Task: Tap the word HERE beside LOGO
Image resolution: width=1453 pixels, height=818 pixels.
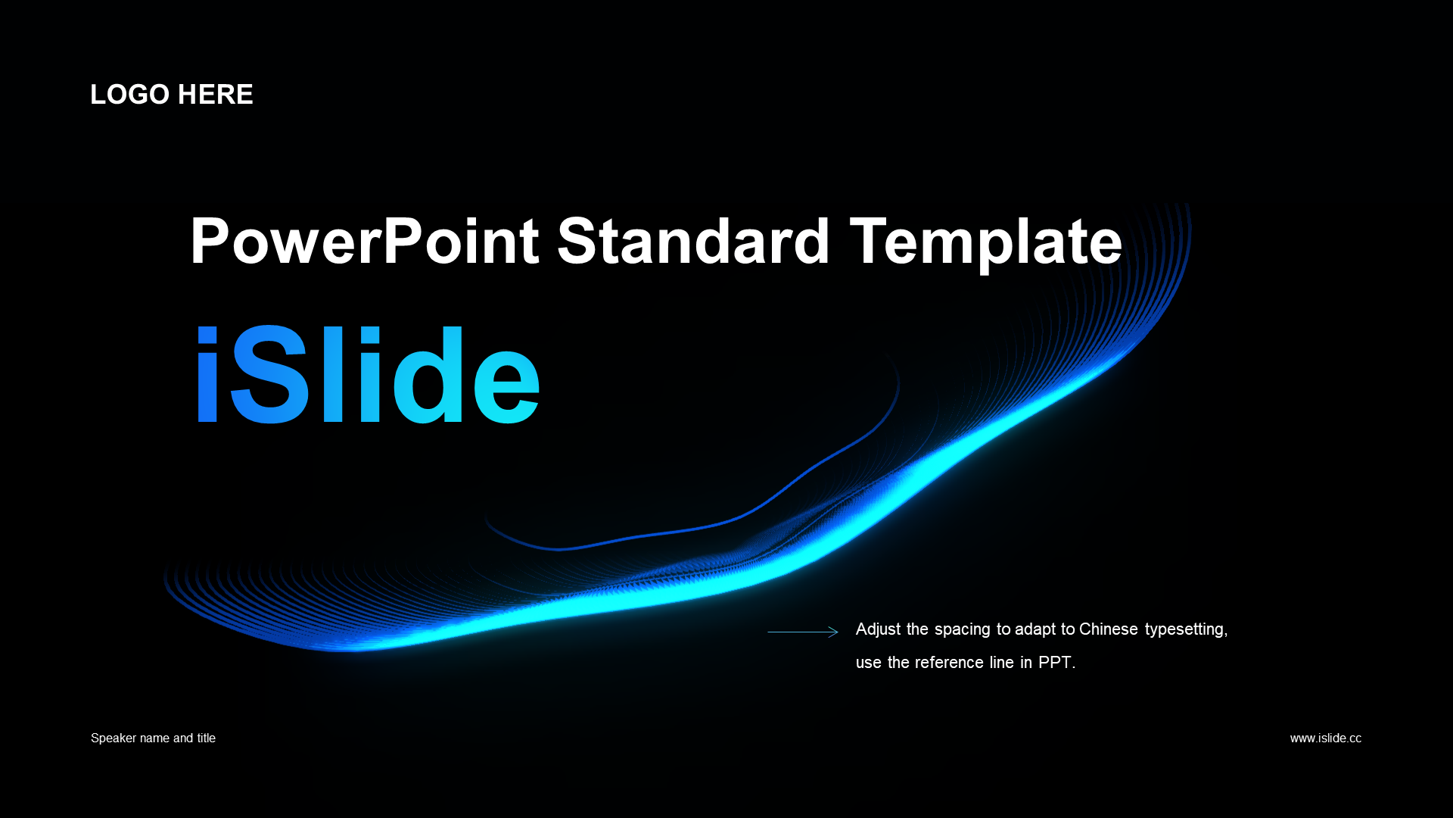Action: (x=216, y=95)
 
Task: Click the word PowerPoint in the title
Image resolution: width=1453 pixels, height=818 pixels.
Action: (x=365, y=242)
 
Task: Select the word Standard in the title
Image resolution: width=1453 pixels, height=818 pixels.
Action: (x=694, y=242)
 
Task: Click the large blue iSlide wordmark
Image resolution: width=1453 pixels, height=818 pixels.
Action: (x=368, y=374)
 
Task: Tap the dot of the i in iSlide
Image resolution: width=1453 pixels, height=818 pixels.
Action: (x=207, y=335)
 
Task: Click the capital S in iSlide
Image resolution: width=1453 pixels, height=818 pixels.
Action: (x=269, y=374)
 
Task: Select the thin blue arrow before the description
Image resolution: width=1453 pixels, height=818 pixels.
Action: (x=803, y=632)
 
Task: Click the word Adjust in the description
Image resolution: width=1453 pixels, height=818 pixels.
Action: (x=878, y=629)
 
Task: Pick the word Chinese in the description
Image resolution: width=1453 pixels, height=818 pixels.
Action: (x=1109, y=629)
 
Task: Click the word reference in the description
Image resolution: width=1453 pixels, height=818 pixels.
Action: (x=949, y=663)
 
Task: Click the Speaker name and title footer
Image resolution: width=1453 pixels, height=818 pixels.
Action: (x=153, y=738)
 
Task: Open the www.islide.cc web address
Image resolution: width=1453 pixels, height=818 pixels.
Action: (x=1326, y=738)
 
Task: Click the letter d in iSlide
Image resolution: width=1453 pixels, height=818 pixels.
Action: (x=428, y=374)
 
